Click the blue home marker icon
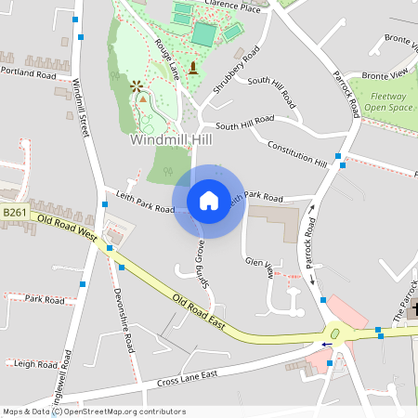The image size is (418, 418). click(208, 200)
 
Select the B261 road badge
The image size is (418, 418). click(14, 213)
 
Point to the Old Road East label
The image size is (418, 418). click(199, 311)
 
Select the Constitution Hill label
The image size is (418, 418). click(297, 153)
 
